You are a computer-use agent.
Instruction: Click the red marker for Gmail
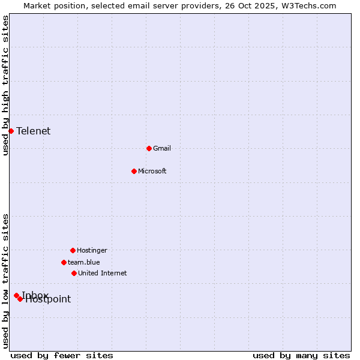point(149,148)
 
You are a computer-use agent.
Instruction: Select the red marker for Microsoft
point(134,171)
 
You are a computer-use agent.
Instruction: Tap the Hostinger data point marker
point(73,250)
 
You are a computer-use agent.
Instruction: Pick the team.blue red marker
point(64,262)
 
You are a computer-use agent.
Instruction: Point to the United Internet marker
point(74,273)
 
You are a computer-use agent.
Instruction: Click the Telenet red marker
point(11,131)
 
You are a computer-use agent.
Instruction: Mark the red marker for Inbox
point(16,295)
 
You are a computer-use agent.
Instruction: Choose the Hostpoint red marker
point(20,299)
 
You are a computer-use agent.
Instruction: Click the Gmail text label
point(162,148)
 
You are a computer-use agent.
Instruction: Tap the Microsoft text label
point(152,171)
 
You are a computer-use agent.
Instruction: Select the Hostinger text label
point(92,250)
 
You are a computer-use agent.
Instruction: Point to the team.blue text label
point(84,262)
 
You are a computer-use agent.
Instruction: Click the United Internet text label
point(103,273)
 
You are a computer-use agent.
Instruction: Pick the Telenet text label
point(34,131)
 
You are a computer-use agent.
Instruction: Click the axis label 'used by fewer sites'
point(62,355)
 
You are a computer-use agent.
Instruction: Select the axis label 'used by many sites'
point(301,355)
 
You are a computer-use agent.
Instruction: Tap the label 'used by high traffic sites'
point(6,85)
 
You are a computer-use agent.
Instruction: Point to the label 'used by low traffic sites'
point(6,281)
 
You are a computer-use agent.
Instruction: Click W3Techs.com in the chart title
point(307,5)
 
